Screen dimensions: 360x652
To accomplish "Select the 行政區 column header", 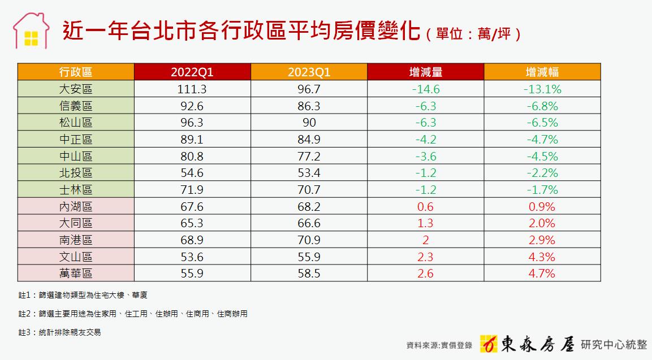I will tap(76, 72).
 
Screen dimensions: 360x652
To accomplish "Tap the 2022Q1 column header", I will tap(192, 72).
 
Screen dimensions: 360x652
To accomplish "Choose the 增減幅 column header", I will tap(542, 72).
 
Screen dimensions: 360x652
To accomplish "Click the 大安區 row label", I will tap(76, 89).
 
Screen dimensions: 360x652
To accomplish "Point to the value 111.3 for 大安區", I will tap(192, 89).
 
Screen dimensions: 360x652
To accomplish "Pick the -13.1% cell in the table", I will tap(542, 89).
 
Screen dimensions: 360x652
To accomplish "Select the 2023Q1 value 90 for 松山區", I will tap(309, 123).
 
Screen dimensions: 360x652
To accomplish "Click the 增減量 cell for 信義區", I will tap(425, 106).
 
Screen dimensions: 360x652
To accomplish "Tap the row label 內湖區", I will tap(76, 206).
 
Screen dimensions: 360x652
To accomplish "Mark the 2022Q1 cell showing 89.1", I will tap(192, 140).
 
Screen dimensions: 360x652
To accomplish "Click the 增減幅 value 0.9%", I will tap(542, 206).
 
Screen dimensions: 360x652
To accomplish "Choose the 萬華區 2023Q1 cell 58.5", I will tap(309, 274).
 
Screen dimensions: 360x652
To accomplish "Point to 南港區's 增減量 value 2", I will tap(425, 240).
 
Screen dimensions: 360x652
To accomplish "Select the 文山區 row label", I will tap(76, 257).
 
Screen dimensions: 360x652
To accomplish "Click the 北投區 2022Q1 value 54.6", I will tap(192, 173).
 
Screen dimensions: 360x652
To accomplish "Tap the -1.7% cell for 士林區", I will tap(542, 190).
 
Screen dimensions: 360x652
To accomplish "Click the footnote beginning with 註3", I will tap(59, 333).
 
